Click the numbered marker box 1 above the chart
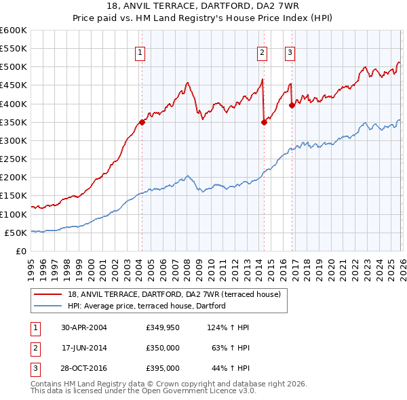coord(140,52)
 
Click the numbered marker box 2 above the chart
coord(263,52)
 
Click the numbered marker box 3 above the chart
coord(290,52)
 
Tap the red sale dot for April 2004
coord(142,122)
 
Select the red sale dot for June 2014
coord(264,122)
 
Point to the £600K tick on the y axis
coord(14,31)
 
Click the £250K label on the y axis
coord(14,159)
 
